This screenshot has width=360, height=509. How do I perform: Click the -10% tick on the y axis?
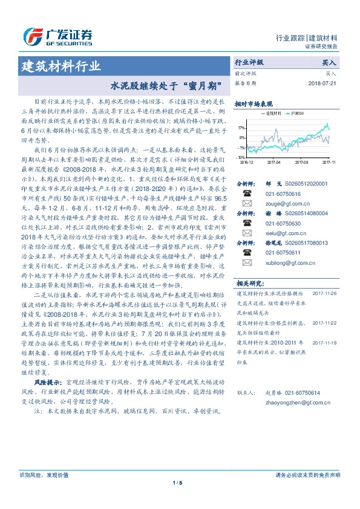click(241, 157)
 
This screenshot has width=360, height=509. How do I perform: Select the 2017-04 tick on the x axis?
click(273, 162)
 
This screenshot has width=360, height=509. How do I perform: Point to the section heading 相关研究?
click(249, 282)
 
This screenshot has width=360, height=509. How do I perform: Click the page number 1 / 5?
click(177, 482)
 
